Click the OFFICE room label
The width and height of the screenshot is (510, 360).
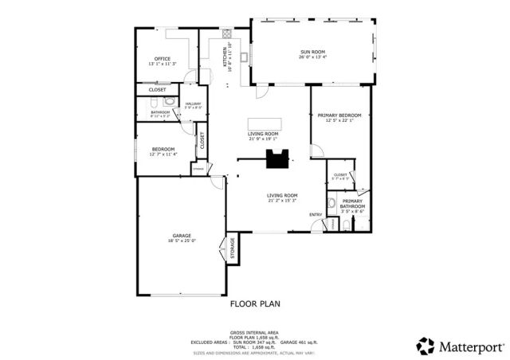point(163,59)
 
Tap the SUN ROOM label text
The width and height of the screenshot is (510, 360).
point(312,52)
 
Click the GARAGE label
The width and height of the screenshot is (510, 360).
point(182,236)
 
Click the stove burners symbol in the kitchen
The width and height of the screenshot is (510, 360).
point(226,34)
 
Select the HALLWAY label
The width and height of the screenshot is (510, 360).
point(194,104)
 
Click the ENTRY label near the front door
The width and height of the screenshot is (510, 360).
point(316,213)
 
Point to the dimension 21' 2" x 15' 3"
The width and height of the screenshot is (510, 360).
point(282,201)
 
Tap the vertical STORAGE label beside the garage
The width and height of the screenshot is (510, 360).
point(233,248)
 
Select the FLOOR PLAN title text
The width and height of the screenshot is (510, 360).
point(255,303)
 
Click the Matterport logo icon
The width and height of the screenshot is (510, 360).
point(425,346)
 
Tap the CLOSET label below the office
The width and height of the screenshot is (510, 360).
point(158,89)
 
